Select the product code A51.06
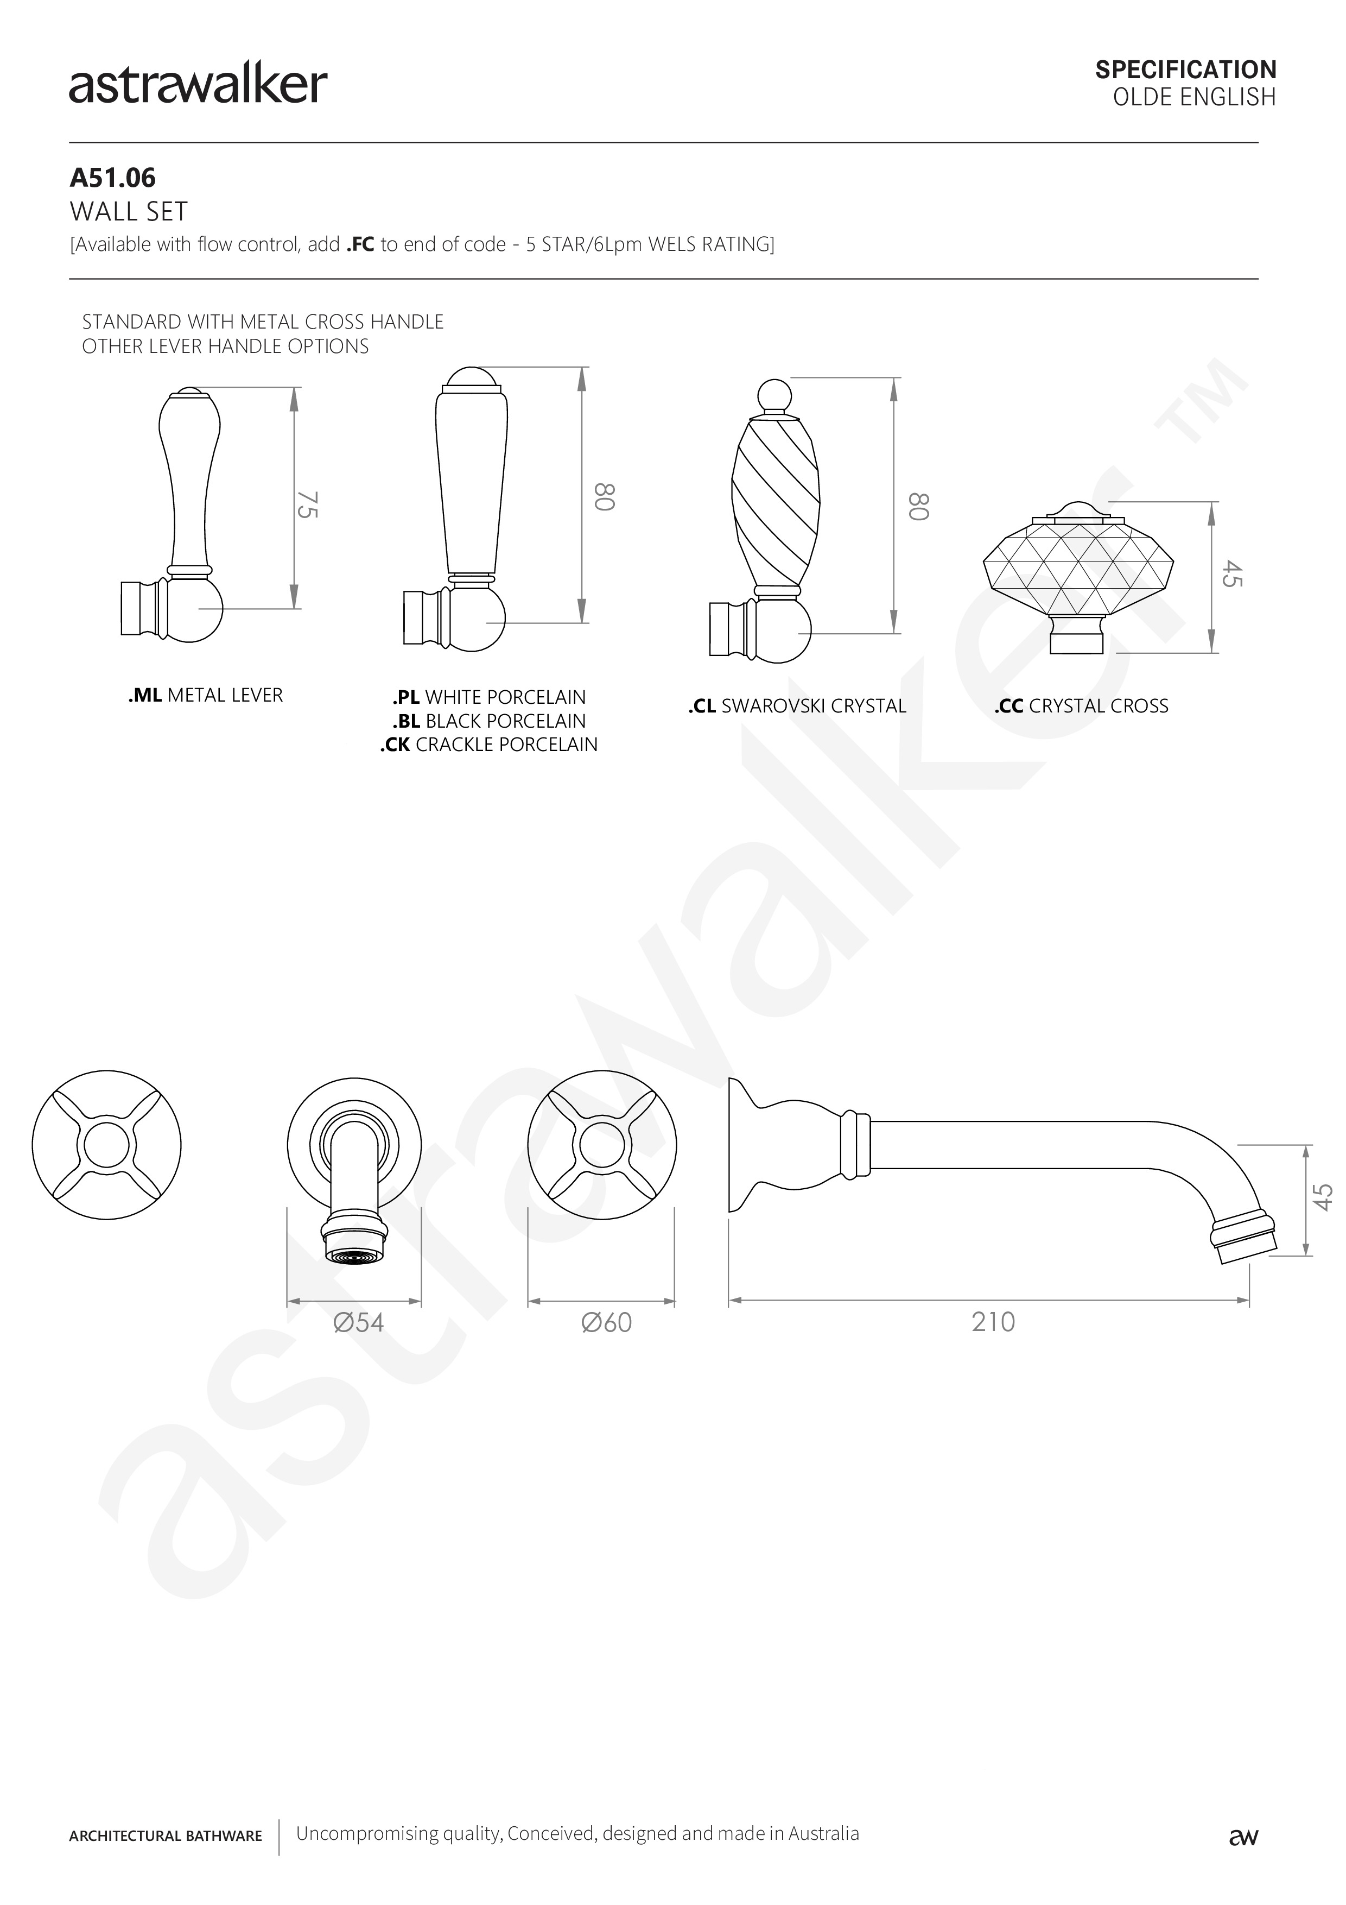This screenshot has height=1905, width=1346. (x=113, y=178)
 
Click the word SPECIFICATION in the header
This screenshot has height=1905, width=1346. (x=1185, y=70)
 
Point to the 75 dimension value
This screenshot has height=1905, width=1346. (x=307, y=504)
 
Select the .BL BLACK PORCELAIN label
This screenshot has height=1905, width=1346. (x=490, y=721)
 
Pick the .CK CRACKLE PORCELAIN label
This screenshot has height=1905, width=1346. (x=490, y=745)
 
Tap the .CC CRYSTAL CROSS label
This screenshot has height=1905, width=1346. (x=1082, y=706)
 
